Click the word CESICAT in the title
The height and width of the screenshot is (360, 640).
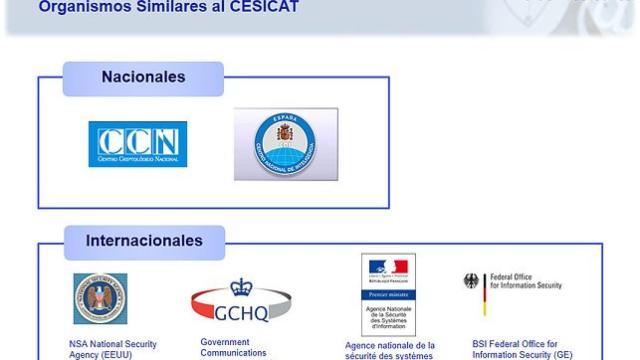pyautogui.click(x=261, y=6)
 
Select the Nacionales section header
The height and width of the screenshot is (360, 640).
pyautogui.click(x=143, y=77)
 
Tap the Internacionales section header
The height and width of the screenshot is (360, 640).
pyautogui.click(x=144, y=241)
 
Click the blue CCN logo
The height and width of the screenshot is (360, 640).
pyautogui.click(x=137, y=144)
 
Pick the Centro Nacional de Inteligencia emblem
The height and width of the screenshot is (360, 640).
pyautogui.click(x=285, y=143)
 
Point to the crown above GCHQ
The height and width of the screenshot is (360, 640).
pyautogui.click(x=242, y=288)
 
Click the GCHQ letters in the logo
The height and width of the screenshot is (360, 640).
pyautogui.click(x=242, y=311)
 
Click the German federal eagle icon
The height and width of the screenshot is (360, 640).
pyautogui.click(x=471, y=281)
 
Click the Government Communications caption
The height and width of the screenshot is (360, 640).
pyautogui.click(x=233, y=347)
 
